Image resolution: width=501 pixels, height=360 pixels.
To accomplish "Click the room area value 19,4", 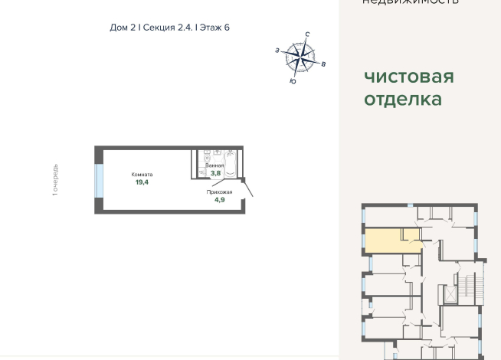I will point(142,183).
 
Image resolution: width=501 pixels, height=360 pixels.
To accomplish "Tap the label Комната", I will point(142,175).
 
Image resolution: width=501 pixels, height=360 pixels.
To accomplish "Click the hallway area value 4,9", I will point(219,199).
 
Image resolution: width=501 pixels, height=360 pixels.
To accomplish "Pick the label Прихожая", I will point(218,191).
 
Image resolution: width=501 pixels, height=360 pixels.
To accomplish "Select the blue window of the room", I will point(98,180).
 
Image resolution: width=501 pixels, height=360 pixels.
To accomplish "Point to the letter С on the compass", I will point(306,35).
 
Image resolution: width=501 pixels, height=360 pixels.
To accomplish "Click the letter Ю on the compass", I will point(293,80).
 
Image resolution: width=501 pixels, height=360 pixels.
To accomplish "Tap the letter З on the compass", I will point(277,51).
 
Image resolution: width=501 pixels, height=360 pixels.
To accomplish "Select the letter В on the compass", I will point(324,65).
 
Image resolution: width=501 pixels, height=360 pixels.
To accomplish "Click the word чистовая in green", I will point(409,77).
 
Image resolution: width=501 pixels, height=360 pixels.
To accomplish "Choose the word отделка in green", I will point(403,99).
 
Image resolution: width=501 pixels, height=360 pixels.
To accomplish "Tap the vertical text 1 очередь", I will point(55,181).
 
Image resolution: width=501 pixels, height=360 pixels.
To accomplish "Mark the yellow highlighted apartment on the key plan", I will point(391,241).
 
